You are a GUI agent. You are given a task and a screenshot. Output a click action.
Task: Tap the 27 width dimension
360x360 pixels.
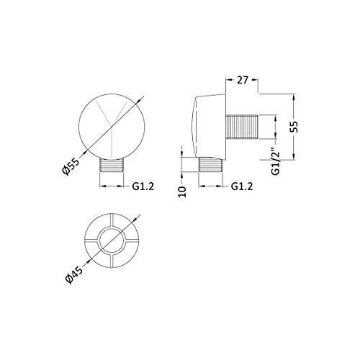tap(242, 80)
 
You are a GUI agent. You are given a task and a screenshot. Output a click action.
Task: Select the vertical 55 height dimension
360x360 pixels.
tap(294, 127)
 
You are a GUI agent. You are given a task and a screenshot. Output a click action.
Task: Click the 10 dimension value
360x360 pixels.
tap(182, 192)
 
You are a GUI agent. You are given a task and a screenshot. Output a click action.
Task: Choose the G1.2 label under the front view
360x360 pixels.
tap(143, 186)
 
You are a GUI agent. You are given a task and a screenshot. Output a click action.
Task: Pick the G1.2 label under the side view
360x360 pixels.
tap(242, 186)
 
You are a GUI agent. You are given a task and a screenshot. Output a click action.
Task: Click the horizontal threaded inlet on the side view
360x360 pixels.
tap(242, 127)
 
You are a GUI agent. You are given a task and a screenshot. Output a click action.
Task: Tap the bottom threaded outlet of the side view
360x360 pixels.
tap(211, 164)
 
